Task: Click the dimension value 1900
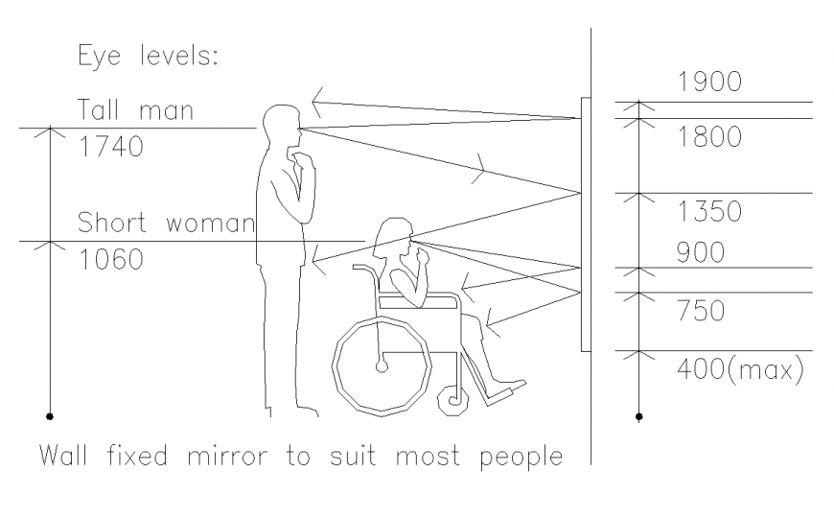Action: click(x=709, y=83)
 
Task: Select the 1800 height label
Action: click(x=709, y=137)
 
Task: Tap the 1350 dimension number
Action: click(x=709, y=211)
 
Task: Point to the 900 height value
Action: click(x=701, y=253)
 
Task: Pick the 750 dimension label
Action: click(x=701, y=311)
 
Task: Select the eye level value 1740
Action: click(x=110, y=148)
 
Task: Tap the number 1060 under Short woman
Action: click(x=110, y=259)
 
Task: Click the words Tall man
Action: click(x=135, y=110)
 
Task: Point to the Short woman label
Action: click(x=166, y=224)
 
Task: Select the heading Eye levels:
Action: click(x=149, y=56)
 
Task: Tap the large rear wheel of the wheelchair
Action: click(x=382, y=365)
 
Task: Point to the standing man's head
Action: click(x=282, y=125)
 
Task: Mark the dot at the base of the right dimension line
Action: click(x=639, y=417)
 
